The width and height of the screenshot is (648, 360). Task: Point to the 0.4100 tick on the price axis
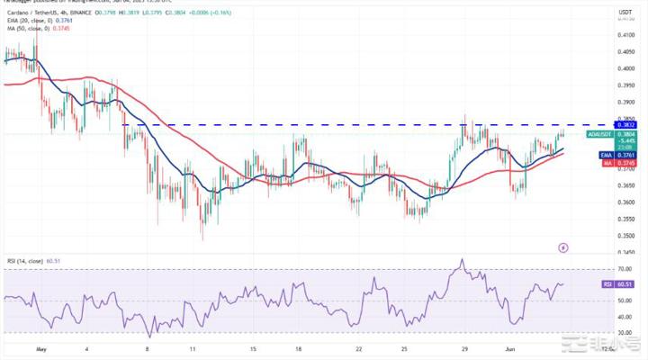624,35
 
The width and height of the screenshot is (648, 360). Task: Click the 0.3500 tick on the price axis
624,236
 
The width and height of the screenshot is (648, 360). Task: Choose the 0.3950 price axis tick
624,85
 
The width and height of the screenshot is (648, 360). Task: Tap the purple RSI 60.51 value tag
624,283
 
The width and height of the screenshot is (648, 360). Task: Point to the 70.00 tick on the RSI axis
624,268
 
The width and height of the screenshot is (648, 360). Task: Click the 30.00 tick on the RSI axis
624,333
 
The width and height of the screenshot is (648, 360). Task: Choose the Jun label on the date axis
508,347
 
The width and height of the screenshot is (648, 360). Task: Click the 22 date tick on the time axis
359,347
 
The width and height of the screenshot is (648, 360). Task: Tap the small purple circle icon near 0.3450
563,247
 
